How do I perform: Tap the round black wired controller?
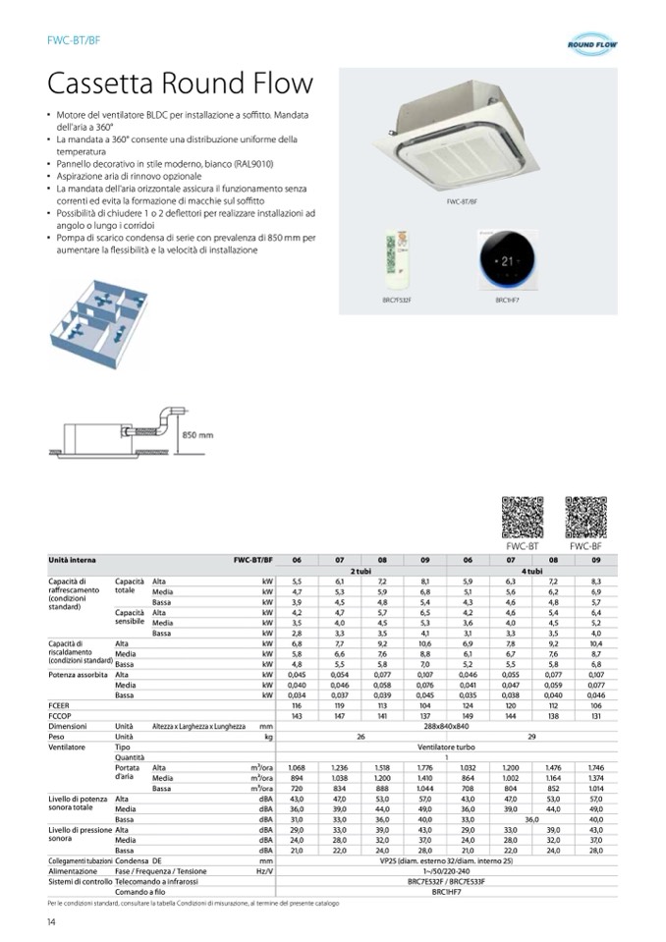pos(507,262)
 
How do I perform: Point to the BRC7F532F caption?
pos(397,299)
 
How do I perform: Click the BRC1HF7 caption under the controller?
pos(507,299)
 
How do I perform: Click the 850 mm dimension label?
pos(197,434)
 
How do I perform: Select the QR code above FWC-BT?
pos(523,518)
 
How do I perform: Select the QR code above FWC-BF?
pos(585,518)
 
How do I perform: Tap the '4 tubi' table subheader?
pos(531,570)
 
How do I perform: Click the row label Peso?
pos(58,736)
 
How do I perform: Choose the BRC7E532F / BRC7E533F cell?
pos(446,881)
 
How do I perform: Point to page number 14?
pos(51,920)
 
